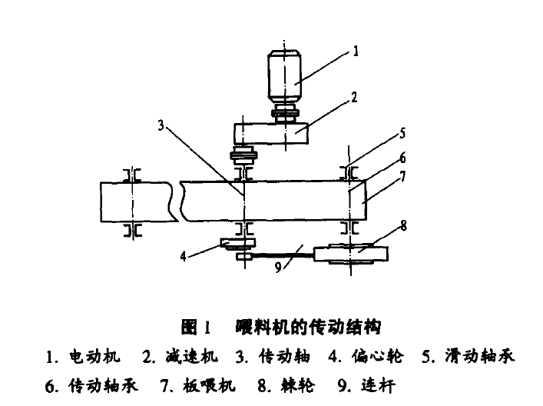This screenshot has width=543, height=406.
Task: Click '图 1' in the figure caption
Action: click(x=197, y=328)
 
